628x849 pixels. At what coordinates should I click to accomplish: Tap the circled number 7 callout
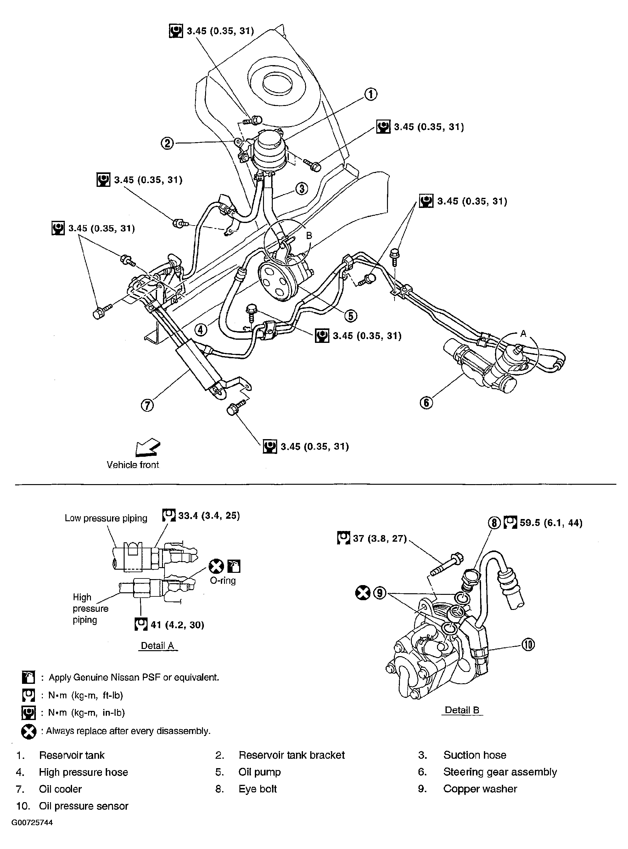click(148, 405)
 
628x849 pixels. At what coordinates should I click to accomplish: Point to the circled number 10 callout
click(528, 645)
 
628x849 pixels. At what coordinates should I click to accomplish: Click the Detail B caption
click(462, 710)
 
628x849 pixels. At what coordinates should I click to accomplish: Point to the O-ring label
click(223, 581)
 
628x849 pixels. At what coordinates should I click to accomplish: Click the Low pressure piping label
click(106, 518)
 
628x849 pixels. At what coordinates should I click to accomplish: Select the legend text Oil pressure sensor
click(84, 806)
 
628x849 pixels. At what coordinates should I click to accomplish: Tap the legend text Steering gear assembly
click(500, 772)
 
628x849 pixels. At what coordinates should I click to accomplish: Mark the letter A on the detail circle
click(523, 334)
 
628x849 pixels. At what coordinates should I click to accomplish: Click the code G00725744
click(32, 823)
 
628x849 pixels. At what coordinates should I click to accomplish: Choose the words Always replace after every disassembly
click(128, 731)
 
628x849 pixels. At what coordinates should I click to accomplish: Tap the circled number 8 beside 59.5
click(494, 523)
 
